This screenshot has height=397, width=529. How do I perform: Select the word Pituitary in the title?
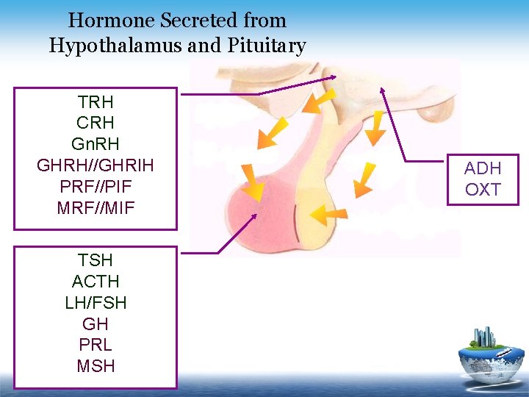(267, 46)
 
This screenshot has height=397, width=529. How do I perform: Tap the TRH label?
(96, 101)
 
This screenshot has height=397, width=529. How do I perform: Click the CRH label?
(96, 122)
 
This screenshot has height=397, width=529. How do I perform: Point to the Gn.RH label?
(96, 143)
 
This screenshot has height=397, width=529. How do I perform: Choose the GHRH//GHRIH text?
(96, 165)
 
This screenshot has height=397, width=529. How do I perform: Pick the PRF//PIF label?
(96, 186)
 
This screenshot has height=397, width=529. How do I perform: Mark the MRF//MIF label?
(96, 207)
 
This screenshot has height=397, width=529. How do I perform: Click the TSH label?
(96, 260)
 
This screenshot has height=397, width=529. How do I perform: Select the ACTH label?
(96, 281)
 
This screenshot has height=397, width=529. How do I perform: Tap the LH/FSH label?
(96, 302)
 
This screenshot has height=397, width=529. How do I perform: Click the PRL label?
(96, 345)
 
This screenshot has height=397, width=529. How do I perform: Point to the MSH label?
(96, 365)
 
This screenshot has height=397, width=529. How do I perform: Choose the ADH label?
(483, 168)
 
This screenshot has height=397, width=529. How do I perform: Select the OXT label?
(483, 190)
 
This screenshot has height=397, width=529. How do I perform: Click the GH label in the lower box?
(96, 323)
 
